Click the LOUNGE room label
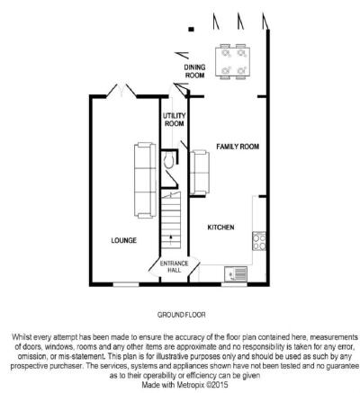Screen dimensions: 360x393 [124, 240]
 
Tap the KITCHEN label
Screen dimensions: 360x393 [220, 228]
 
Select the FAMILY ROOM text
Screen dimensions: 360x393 [238, 147]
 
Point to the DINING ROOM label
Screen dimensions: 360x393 [194, 71]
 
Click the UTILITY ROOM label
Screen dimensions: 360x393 [175, 120]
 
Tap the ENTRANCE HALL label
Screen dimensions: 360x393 [175, 266]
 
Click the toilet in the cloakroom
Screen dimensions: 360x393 [168, 160]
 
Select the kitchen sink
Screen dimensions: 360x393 [236, 274]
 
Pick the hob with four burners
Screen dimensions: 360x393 [259, 241]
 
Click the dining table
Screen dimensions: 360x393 [233, 62]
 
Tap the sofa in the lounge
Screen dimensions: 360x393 [145, 180]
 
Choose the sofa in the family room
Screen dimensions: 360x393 [200, 173]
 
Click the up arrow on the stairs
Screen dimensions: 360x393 [171, 237]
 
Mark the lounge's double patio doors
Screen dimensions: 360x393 [121, 91]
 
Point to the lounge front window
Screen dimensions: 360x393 [126, 284]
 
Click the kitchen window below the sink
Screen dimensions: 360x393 [234, 284]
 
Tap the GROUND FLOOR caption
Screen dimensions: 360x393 [182, 315]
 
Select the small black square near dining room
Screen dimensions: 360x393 [191, 30]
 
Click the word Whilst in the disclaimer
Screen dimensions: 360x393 [22, 337]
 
